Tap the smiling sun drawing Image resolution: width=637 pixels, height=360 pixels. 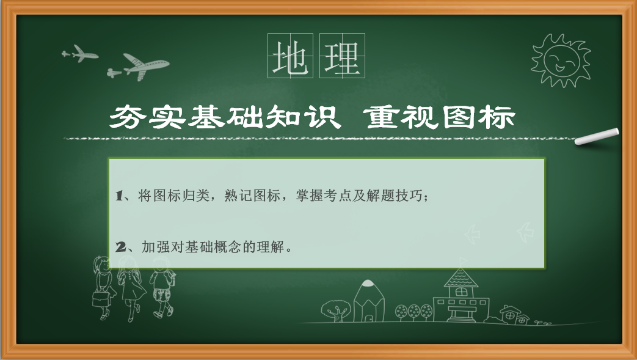coord(561,60)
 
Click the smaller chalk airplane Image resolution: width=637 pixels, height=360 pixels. coord(80,53)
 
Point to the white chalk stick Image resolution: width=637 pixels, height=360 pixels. coord(596,137)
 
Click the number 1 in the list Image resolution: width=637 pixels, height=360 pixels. coord(119,196)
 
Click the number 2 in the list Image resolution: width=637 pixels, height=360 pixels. coord(120,247)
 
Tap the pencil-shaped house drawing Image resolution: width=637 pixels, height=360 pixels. coord(368,301)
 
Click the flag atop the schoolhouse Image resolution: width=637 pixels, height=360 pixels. coord(463,261)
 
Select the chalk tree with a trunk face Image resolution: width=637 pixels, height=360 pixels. coord(335,311)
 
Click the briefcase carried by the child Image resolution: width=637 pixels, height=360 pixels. coord(101,299)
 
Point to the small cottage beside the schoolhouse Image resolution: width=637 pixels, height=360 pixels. coord(514,315)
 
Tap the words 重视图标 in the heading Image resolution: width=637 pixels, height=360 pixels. coord(439,117)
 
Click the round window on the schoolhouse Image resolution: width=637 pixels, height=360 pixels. coord(460,292)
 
